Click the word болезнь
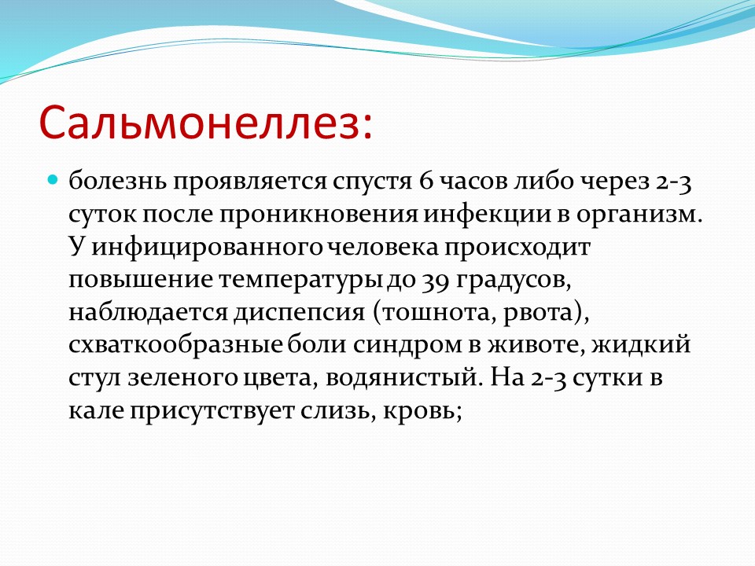point(117,182)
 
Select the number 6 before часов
point(426,182)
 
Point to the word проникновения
point(319,214)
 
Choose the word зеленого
point(182,378)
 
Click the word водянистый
point(403,378)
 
